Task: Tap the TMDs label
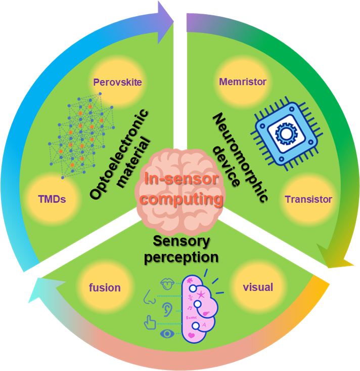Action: pos(52,199)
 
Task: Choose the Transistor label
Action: pos(308,199)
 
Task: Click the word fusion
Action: pos(105,287)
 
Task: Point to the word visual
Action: pos(258,287)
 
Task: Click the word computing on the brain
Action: pos(182,198)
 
